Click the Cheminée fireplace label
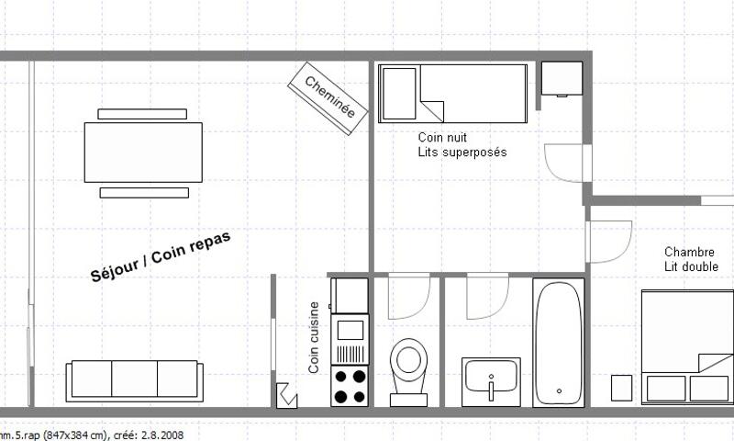pyautogui.click(x=330, y=97)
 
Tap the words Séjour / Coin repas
pyautogui.click(x=161, y=257)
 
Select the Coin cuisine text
pyautogui.click(x=314, y=337)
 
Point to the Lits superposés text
pyautogui.click(x=462, y=153)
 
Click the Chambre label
pyautogui.click(x=689, y=252)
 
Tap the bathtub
pyautogui.click(x=559, y=343)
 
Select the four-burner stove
pyautogui.click(x=350, y=386)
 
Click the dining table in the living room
pyautogui.click(x=143, y=153)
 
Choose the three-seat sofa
pyautogui.click(x=134, y=381)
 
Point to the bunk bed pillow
pyautogui.click(x=399, y=94)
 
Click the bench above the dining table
pyautogui.click(x=142, y=114)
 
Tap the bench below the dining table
pyautogui.click(x=144, y=193)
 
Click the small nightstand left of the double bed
pyautogui.click(x=622, y=388)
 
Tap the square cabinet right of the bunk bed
pyautogui.click(x=562, y=78)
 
